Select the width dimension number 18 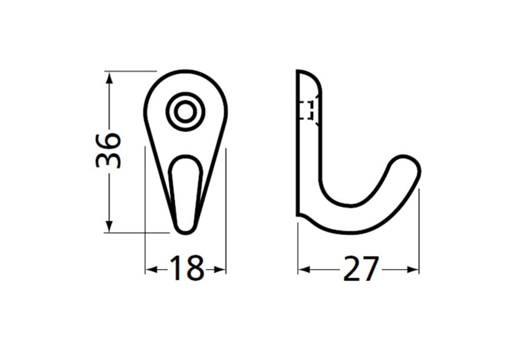(x=185, y=269)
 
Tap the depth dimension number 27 (x=361, y=269)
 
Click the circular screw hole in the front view (x=185, y=111)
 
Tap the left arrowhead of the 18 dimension (x=150, y=269)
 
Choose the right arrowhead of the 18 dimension (x=220, y=269)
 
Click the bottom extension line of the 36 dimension (x=136, y=232)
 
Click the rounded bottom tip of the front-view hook (x=185, y=231)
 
